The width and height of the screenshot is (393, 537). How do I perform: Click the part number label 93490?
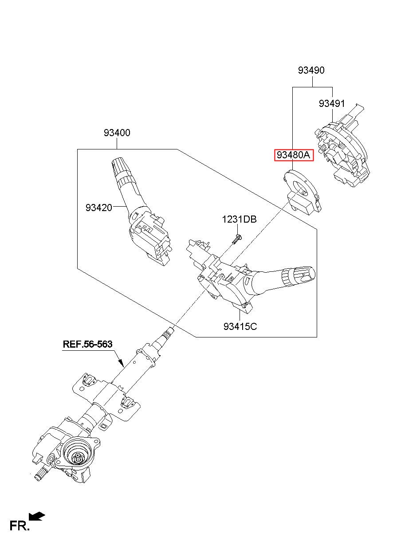pos(311,70)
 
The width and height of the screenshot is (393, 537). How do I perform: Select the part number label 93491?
pos(332,103)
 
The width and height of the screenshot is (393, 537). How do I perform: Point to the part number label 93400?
pos(117,133)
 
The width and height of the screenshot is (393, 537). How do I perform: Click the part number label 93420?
pos(99,207)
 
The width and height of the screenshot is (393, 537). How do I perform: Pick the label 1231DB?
pos(239,219)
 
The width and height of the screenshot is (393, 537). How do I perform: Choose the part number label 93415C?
pos(240,327)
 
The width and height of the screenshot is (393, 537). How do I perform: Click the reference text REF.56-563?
pos(87,344)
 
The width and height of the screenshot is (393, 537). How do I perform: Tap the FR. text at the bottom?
pos(20,526)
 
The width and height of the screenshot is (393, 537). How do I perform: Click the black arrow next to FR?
pos(37,516)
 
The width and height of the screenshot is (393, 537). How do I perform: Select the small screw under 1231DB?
pos(237,239)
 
